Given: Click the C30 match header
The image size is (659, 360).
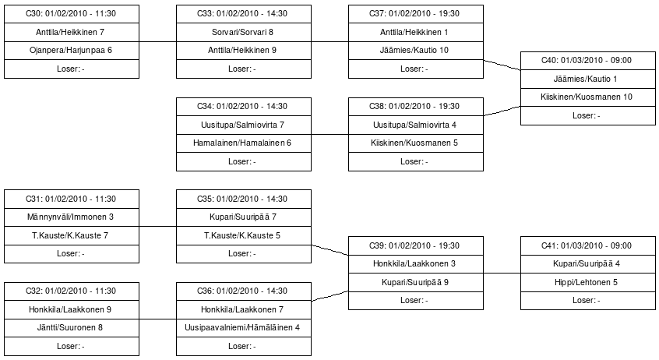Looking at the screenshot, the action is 72,14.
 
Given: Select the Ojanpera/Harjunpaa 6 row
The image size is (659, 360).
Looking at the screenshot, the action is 72,51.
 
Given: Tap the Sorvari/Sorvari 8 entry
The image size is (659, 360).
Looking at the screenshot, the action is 244,33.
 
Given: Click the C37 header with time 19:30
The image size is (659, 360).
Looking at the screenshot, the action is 416,14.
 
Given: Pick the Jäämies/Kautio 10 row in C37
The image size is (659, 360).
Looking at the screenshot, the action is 416,51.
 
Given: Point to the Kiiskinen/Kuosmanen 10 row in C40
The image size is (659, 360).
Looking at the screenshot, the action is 588,97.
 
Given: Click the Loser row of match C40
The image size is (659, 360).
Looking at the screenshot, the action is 588,115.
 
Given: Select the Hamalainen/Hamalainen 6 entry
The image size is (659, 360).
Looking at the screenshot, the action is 244,143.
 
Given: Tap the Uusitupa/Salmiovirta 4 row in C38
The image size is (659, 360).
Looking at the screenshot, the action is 416,125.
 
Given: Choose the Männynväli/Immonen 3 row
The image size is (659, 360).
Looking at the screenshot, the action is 72,217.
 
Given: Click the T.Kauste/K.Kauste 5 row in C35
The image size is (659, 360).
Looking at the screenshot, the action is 244,235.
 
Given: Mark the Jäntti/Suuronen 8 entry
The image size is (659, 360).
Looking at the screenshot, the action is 72,327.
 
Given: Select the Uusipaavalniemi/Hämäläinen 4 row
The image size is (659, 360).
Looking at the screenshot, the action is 244,327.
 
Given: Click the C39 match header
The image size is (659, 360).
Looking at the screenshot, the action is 416,245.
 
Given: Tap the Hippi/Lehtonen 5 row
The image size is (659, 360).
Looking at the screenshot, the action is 588,282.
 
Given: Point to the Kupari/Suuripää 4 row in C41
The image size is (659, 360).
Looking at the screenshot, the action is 588,263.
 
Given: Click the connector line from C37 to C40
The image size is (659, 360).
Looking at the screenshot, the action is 502,65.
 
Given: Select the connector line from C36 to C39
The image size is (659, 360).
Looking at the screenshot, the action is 330,296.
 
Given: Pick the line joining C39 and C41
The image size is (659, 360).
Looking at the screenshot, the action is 502,273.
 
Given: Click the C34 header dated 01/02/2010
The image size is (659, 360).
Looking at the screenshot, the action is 244,107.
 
